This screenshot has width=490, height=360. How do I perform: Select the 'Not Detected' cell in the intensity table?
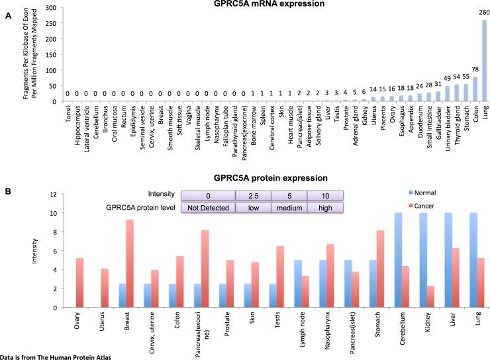click(x=208, y=207)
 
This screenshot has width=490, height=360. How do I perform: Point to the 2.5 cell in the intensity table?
click(x=253, y=195)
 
